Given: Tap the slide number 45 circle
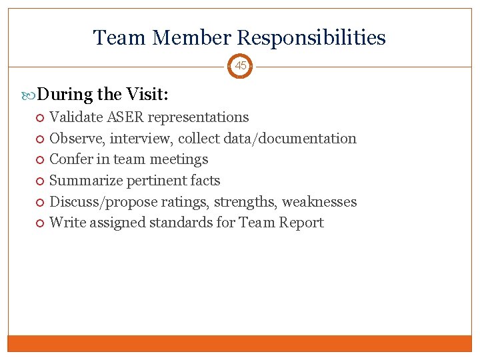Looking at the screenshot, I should [240, 66].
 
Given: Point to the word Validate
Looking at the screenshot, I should [77, 117].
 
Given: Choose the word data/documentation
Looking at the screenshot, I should [292, 139].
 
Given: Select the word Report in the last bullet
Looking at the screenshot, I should [301, 223].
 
